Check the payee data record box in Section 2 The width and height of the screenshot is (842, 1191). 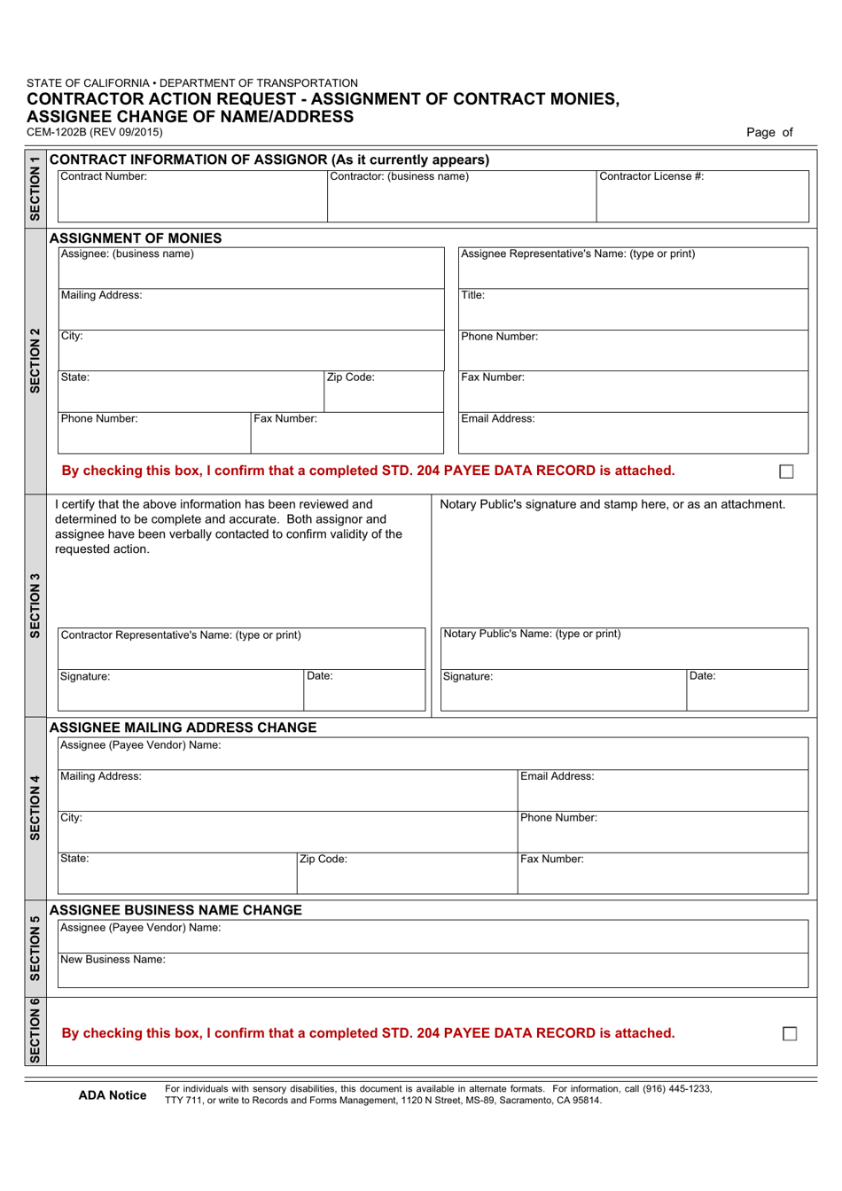[x=786, y=471]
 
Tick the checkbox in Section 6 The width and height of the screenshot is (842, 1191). [x=790, y=1033]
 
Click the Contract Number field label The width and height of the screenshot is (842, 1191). [x=104, y=176]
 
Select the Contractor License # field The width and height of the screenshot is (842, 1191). [x=702, y=198]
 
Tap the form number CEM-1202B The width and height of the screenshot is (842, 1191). [x=95, y=132]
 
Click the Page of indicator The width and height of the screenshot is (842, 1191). [x=769, y=132]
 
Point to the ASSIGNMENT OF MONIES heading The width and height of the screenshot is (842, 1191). [x=136, y=237]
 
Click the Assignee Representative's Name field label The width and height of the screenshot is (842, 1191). [x=578, y=254]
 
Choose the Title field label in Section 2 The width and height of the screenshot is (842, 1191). [x=473, y=295]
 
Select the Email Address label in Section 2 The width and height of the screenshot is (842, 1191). [x=497, y=419]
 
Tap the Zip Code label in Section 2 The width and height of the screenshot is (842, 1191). [x=351, y=378]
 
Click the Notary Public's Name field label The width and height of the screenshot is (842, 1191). [x=532, y=634]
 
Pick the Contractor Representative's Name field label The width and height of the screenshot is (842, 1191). [x=181, y=635]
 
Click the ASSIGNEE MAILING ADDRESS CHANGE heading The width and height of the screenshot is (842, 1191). [x=183, y=728]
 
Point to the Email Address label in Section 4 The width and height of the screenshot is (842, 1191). [x=557, y=776]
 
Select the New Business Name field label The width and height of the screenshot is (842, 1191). [x=113, y=960]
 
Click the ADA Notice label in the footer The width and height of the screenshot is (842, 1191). [x=113, y=1095]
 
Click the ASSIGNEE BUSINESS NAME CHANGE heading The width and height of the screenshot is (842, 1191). [x=175, y=910]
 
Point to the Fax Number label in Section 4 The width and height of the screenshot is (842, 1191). [x=551, y=859]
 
